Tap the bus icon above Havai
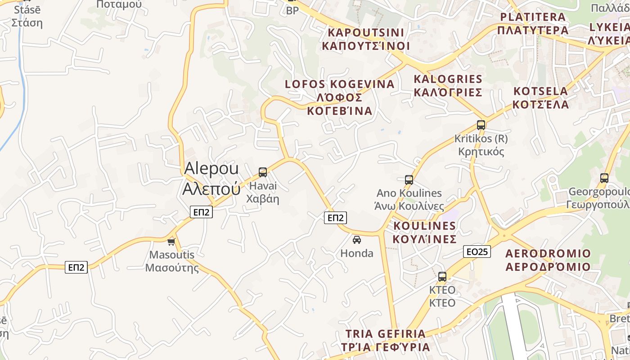[x=263, y=172]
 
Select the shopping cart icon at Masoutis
[x=171, y=242]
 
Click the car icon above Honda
[x=357, y=240]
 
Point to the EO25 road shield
[x=477, y=252]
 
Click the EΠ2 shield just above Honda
[x=336, y=218]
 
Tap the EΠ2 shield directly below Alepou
[x=201, y=212]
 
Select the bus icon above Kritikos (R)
[x=481, y=125]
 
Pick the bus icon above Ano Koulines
[x=409, y=180]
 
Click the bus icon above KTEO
[x=442, y=277]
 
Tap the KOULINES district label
[x=425, y=232]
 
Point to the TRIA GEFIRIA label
[x=386, y=341]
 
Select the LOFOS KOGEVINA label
[x=340, y=97]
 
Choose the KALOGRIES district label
[x=448, y=85]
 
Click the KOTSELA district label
[x=541, y=98]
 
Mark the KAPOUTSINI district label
[x=366, y=39]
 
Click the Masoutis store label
[x=172, y=261]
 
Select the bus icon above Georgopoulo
[x=604, y=178]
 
